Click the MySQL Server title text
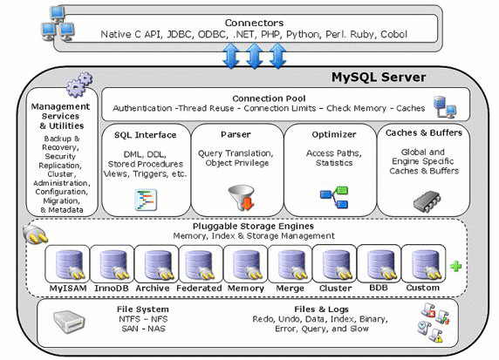point(378,78)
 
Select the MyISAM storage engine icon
point(68,264)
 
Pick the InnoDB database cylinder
point(113,264)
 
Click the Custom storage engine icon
point(423,264)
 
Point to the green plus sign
point(455,266)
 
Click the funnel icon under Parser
point(238,197)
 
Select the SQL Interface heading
point(145,135)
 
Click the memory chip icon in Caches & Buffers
point(423,200)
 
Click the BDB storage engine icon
point(379,264)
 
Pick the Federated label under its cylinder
point(200,287)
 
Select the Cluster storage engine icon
point(334,264)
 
